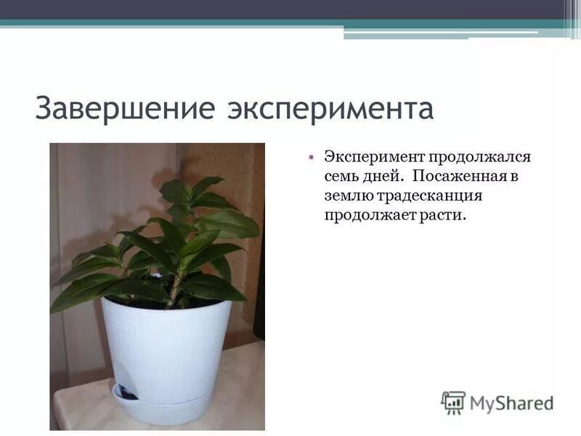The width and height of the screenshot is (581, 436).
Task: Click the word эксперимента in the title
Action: coord(330,110)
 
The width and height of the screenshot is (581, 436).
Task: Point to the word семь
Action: coord(341,177)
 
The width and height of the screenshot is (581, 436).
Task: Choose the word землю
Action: coord(349,196)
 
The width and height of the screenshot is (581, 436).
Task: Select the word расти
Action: coord(440,216)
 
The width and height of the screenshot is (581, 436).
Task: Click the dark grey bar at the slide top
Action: coord(290,9)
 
